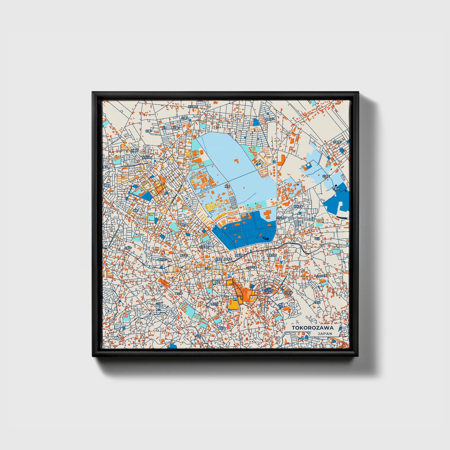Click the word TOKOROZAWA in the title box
[x=312, y=328]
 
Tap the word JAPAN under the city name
[x=324, y=334]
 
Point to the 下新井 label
[x=336, y=189]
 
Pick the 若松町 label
[x=298, y=206]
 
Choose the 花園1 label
[x=176, y=128]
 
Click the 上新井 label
[x=128, y=248]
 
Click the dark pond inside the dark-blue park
[x=267, y=238]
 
